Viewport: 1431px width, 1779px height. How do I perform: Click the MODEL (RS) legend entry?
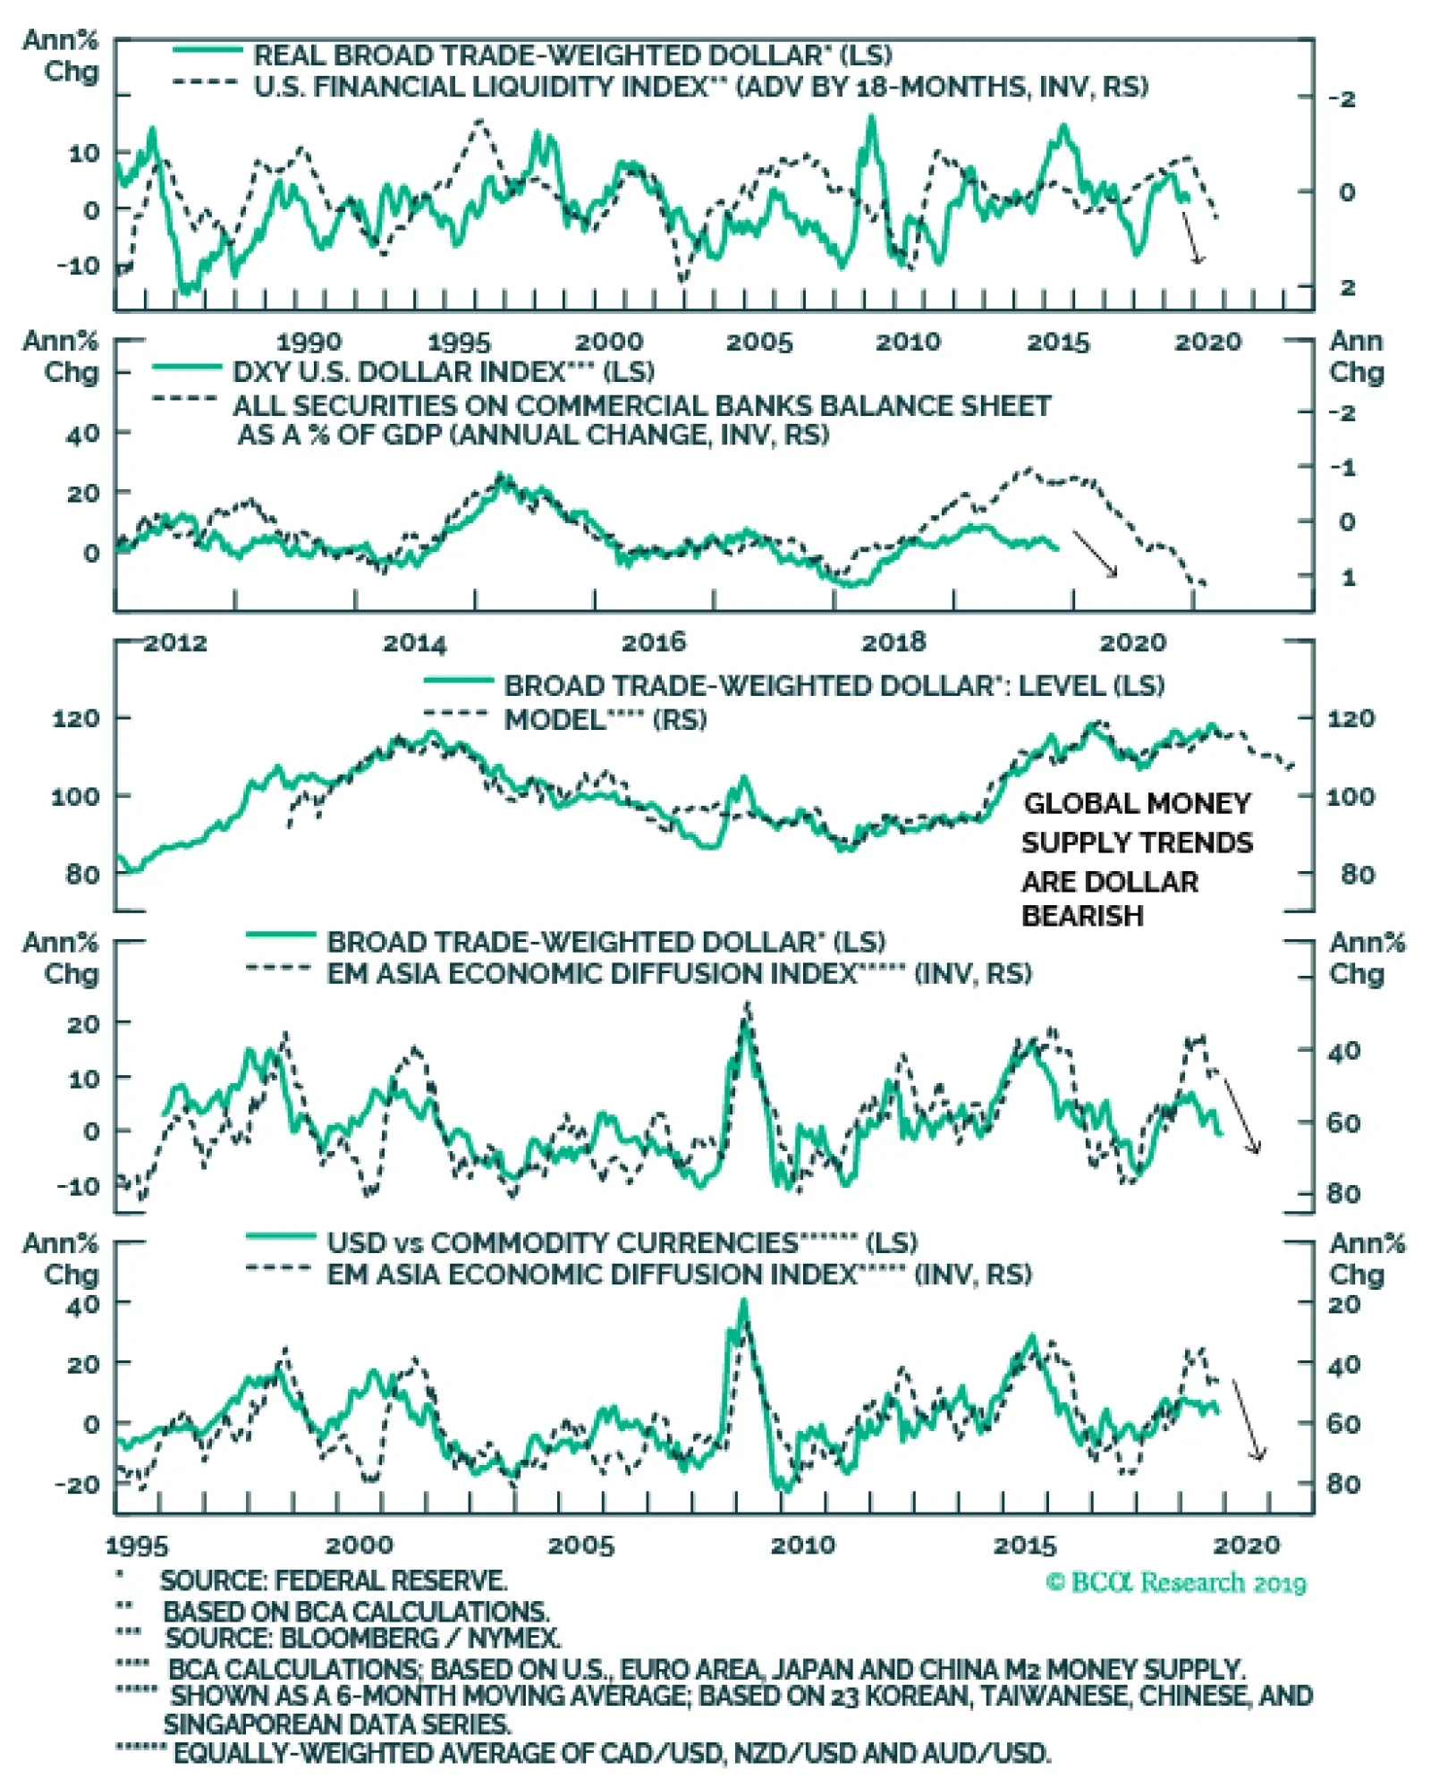pos(605,720)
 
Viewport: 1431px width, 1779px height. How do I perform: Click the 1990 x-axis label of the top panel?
pos(309,342)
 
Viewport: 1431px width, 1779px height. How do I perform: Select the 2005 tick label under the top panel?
pos(758,342)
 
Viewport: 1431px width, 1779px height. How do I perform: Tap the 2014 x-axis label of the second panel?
pos(414,642)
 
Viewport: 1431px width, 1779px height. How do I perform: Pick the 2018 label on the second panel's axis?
pos(893,642)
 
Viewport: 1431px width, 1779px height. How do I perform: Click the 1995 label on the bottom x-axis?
pos(137,1545)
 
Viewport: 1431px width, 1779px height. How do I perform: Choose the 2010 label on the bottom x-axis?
pos(802,1545)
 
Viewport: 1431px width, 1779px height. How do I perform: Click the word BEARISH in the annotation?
pos(1082,916)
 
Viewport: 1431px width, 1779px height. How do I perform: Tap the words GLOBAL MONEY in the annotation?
pos(1137,803)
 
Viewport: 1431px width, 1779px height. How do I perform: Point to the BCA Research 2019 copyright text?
pos(1176,1582)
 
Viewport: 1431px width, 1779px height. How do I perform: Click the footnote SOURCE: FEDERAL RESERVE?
pos(334,1580)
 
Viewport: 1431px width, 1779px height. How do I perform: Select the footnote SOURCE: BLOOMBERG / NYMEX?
pos(363,1638)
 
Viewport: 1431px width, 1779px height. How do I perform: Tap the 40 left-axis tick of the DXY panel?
pos(83,435)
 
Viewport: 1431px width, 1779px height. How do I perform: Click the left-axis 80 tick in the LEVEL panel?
pos(83,874)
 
